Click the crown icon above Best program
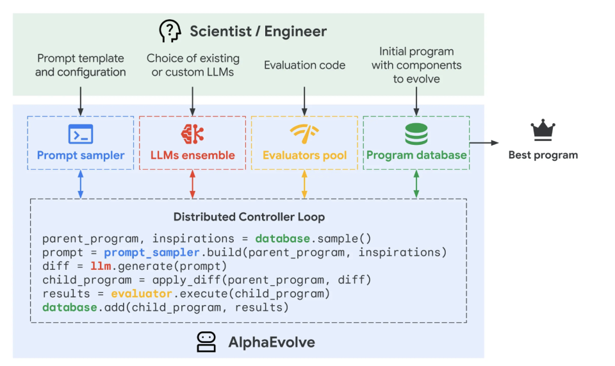coord(543,130)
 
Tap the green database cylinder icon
coord(416,134)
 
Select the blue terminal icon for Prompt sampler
coord(81,134)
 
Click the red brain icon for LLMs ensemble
coord(192,134)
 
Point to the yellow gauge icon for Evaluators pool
coord(304,134)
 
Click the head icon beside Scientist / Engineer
coord(169,31)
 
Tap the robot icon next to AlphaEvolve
coord(206,342)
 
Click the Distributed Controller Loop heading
coord(249,217)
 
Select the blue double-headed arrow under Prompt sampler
coord(81,184)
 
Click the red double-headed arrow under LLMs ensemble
coord(193,184)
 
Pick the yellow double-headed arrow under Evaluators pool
coord(304,184)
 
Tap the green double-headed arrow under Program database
coord(416,184)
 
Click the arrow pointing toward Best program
coord(484,143)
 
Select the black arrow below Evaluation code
coord(304,101)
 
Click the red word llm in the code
coord(101,266)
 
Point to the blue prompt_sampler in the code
coord(152,253)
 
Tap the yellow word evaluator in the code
coord(142,294)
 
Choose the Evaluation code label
coord(304,65)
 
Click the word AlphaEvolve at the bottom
coord(272,342)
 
